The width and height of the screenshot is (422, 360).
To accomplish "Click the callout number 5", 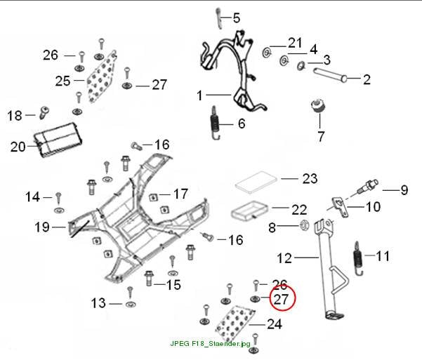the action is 236,18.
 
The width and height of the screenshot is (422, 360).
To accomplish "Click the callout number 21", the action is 295,43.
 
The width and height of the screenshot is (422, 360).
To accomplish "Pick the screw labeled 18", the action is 44,112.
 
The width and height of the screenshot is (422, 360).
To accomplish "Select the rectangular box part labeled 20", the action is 58,140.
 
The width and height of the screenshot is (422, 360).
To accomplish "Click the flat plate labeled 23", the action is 256,182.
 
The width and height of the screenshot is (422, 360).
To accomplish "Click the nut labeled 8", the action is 305,225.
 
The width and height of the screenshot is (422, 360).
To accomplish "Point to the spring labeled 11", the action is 358,258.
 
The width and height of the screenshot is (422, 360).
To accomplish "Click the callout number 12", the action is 284,258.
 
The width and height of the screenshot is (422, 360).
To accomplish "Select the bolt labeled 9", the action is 368,186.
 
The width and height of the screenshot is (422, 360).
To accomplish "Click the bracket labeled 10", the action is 340,207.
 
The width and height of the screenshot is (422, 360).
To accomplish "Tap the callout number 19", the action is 42,227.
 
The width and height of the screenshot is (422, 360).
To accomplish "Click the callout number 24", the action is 275,324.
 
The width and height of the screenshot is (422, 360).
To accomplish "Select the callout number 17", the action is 180,194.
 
